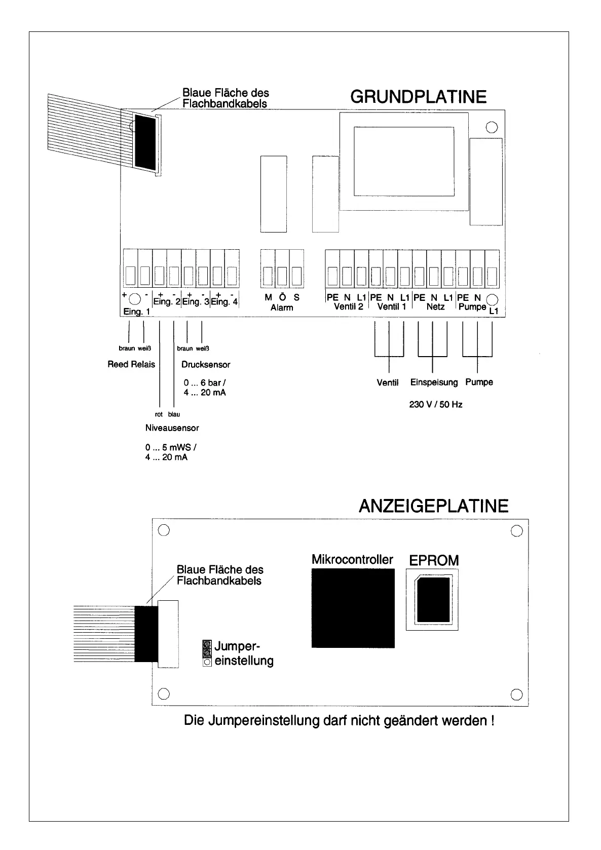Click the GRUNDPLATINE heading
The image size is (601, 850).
pos(418,97)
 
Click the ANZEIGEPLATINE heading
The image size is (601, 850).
pos(433,506)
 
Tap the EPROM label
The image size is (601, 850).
pos(434,560)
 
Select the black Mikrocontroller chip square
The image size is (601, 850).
pos(353,608)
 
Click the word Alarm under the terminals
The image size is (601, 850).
pos(282,307)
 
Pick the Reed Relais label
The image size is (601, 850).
pos(131,364)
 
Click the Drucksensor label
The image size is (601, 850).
pos(206,364)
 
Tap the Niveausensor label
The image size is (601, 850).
pos(172,428)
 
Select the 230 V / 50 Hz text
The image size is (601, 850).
pos(436,405)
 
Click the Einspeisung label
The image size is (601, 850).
pos(434,382)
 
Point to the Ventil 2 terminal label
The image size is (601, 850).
pos(349,306)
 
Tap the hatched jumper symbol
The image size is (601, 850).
pos(206,647)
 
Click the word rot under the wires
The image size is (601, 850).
pos(159,414)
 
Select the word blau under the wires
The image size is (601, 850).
pos(174,414)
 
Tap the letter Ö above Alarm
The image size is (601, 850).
pos(282,298)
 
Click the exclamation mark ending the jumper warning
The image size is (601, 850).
pos(492,720)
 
